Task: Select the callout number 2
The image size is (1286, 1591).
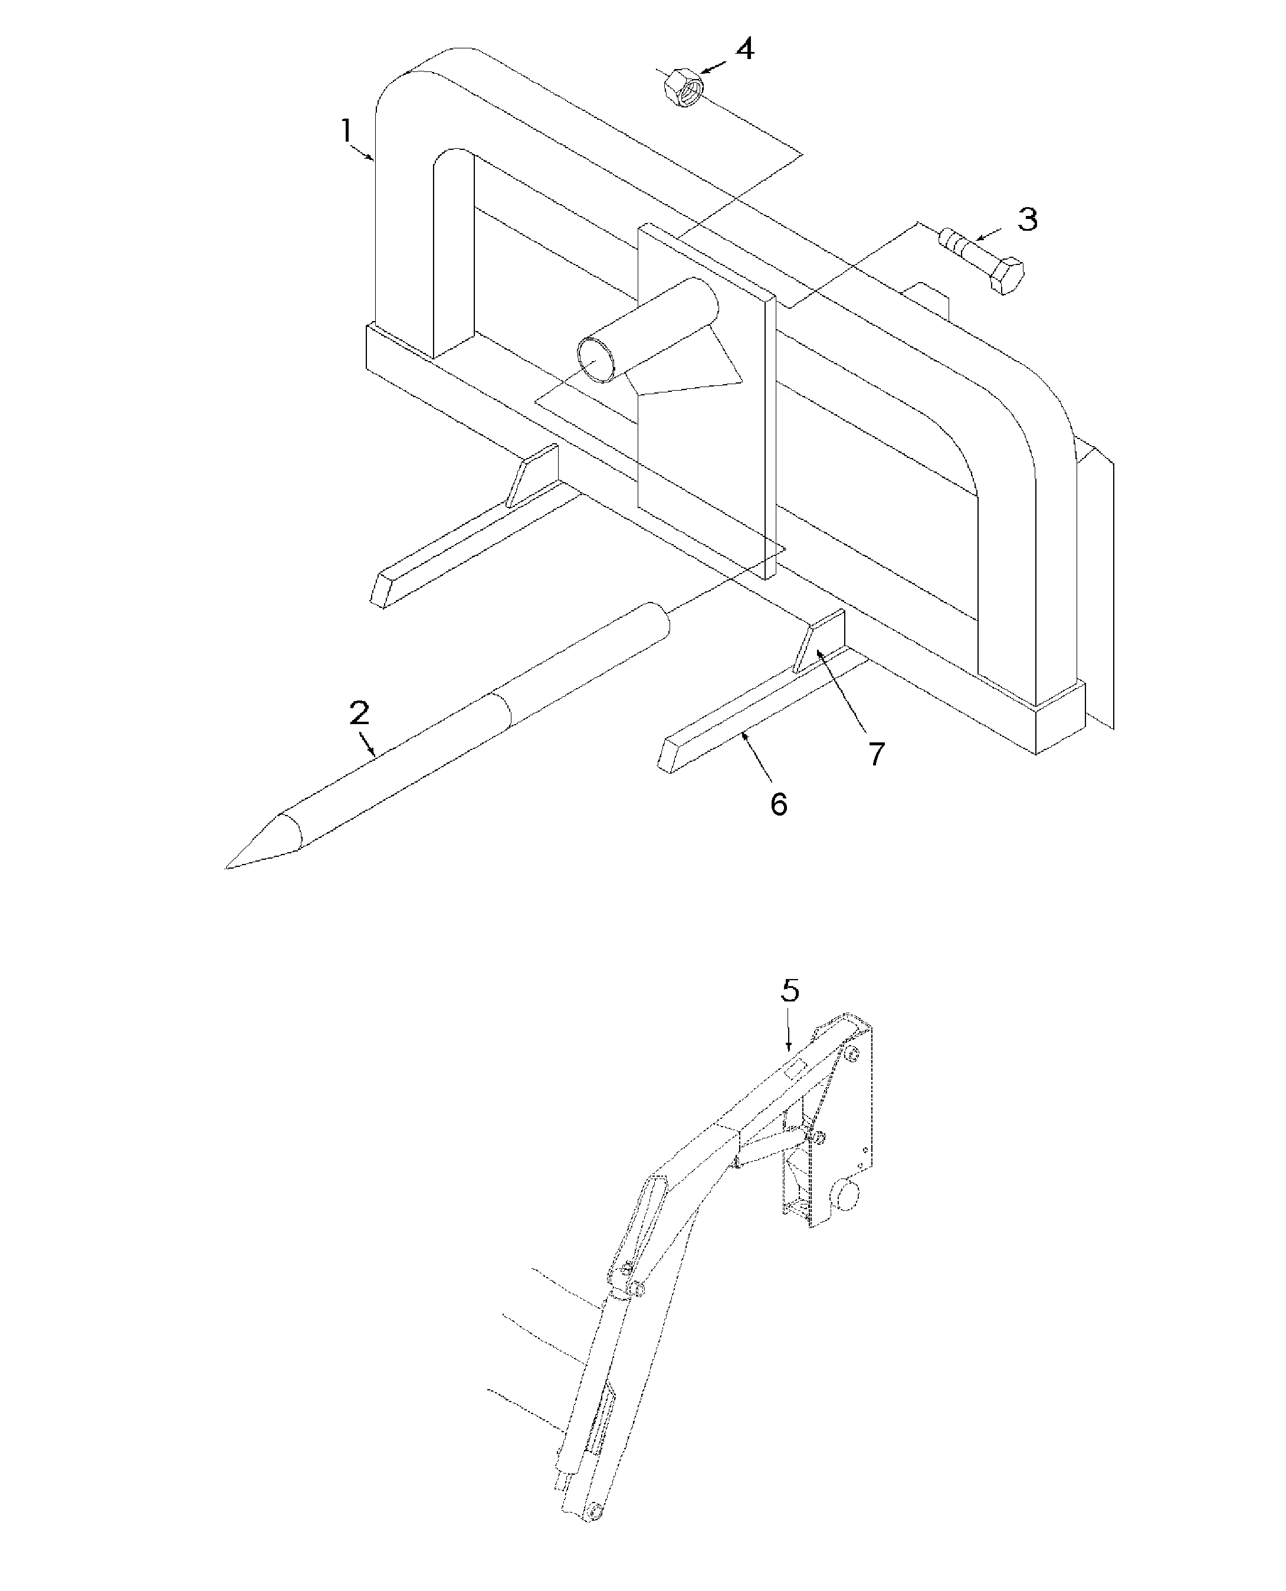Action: (x=359, y=713)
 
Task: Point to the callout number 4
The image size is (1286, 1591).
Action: (x=744, y=49)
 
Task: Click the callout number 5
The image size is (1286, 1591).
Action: (x=790, y=990)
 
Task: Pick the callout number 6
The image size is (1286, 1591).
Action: (x=778, y=804)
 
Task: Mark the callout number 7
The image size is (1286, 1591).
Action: (x=877, y=754)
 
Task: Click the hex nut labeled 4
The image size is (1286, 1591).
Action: (x=683, y=87)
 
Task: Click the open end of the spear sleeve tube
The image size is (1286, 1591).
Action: (x=598, y=359)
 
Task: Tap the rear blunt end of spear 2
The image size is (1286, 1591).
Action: (x=655, y=623)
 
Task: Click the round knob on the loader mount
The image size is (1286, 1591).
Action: (x=847, y=1194)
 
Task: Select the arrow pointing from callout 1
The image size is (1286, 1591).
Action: (x=365, y=153)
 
